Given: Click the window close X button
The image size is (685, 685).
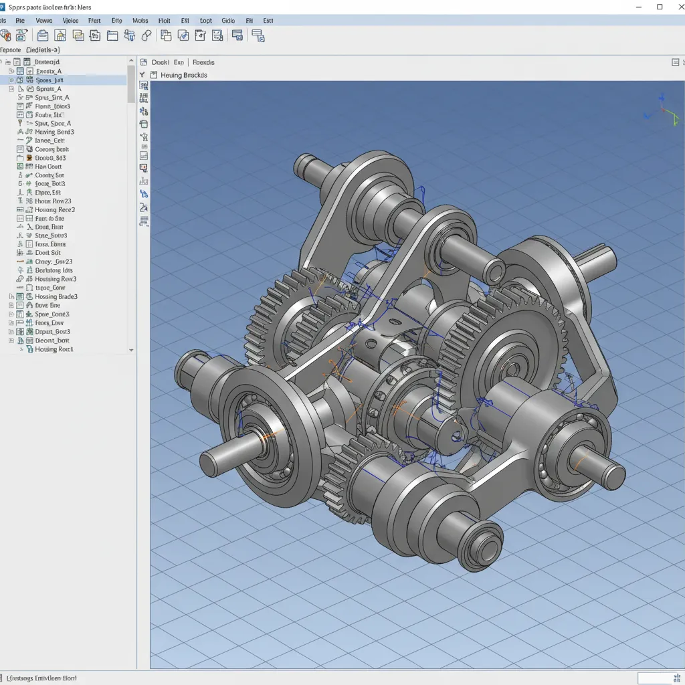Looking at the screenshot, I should [676, 7].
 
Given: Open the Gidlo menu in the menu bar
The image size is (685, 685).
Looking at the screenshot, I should [227, 21].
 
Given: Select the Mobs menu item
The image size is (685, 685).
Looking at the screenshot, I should [140, 21].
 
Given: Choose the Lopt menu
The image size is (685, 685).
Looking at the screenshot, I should [205, 21].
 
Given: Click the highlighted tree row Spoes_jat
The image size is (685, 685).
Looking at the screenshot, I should [50, 80].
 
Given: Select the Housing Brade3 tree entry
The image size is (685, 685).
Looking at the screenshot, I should [56, 296].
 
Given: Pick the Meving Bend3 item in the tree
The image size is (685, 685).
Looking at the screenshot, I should [54, 132].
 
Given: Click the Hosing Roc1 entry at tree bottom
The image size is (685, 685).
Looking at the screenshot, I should [54, 349].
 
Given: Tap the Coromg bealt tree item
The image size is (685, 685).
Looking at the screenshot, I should [52, 149].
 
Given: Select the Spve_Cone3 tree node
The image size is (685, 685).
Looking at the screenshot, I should [52, 314].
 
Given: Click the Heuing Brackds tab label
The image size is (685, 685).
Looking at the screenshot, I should [183, 76].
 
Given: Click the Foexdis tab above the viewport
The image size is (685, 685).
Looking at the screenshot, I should [203, 62].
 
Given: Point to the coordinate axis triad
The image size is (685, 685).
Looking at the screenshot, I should [662, 112].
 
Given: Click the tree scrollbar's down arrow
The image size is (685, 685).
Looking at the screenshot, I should [131, 350].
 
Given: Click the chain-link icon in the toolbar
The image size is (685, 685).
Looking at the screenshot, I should [146, 35].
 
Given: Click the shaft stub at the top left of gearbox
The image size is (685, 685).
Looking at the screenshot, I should [306, 164].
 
